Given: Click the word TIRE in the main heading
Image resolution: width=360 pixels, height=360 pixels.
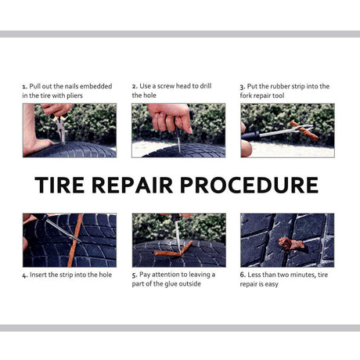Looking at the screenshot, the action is (59, 185).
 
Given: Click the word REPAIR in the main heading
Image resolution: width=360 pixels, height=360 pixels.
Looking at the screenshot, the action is (132, 185).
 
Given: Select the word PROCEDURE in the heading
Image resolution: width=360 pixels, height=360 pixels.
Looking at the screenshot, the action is (249, 185).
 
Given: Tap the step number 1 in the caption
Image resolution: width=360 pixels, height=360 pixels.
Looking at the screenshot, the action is (24, 87).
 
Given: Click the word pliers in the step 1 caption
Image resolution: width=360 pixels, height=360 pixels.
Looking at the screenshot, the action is (74, 96).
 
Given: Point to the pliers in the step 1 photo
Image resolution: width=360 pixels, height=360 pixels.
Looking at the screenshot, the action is (61, 127).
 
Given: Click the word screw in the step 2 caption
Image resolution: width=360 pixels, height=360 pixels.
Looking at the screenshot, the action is (166, 86).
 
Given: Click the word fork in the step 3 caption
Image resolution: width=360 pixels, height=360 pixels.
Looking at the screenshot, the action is (245, 95).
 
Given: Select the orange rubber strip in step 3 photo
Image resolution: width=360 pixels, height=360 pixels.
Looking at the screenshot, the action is (304, 131).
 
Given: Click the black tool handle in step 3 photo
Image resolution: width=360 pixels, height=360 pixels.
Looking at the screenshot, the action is (250, 136).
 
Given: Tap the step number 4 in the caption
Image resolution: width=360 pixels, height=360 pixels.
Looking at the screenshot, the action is (25, 275).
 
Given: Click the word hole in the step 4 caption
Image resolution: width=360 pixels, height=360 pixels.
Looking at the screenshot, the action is (106, 275).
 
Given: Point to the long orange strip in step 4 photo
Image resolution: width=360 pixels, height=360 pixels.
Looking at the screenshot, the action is (75, 240).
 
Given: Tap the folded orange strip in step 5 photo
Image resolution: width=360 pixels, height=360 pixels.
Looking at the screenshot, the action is (173, 250).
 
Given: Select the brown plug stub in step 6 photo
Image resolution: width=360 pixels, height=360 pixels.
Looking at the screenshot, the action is (291, 244).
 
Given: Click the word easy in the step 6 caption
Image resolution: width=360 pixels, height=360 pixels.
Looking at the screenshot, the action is (272, 284).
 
